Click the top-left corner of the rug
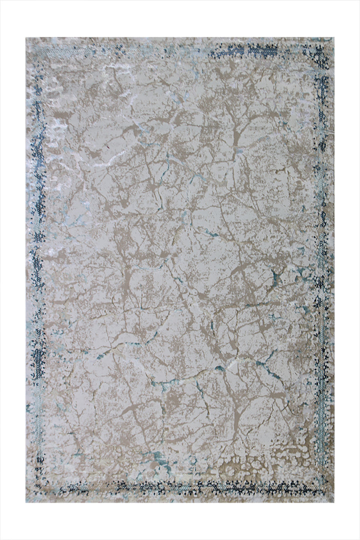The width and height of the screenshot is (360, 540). [26, 38]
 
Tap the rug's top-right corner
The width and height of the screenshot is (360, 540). [333, 38]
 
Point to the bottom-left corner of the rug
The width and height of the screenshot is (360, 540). [26, 501]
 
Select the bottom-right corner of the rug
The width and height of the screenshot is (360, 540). [333, 501]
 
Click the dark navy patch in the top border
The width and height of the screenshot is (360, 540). [245, 50]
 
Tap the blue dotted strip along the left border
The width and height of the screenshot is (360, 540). [38, 250]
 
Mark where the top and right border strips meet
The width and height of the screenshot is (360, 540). [320, 50]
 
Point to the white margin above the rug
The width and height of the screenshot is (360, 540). [180, 18]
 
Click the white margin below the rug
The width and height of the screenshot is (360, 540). [180, 521]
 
